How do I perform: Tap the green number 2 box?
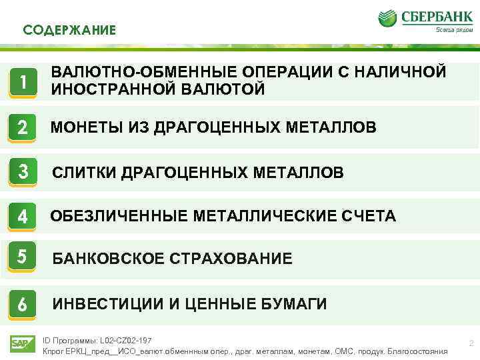pyautogui.click(x=23, y=127)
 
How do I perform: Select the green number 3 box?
pyautogui.click(x=23, y=172)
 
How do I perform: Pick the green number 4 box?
pyautogui.click(x=23, y=216)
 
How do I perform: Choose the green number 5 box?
pyautogui.click(x=23, y=257)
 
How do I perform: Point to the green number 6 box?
pyautogui.click(x=23, y=304)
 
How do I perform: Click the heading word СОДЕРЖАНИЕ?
pyautogui.click(x=69, y=30)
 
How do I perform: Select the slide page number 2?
pyautogui.click(x=471, y=343)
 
